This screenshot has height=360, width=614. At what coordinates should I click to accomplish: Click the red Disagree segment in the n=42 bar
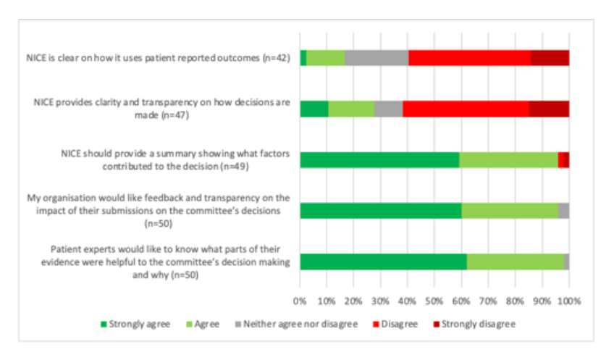(469, 58)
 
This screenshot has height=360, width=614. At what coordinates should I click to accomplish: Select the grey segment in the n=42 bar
(377, 58)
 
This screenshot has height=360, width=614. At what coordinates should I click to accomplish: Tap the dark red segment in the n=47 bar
(549, 109)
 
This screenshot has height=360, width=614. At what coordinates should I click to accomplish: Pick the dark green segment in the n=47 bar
(314, 109)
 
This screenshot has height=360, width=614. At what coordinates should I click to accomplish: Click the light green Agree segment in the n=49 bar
(508, 159)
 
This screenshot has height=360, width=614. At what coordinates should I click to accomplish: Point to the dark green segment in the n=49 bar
(379, 159)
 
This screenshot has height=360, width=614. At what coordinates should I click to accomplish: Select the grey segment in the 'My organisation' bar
(563, 211)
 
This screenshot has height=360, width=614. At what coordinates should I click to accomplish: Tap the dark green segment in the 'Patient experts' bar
(383, 261)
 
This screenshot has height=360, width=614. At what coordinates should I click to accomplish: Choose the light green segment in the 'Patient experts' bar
(515, 261)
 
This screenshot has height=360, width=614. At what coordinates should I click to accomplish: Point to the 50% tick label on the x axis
(434, 299)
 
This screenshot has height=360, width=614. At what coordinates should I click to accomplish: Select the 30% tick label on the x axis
(380, 299)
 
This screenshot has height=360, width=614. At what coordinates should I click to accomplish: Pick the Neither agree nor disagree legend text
(306, 324)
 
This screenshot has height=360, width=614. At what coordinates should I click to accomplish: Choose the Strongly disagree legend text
(478, 324)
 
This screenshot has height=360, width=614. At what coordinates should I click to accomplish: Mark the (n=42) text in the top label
(275, 58)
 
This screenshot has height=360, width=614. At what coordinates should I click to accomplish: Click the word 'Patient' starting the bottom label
(76, 250)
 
